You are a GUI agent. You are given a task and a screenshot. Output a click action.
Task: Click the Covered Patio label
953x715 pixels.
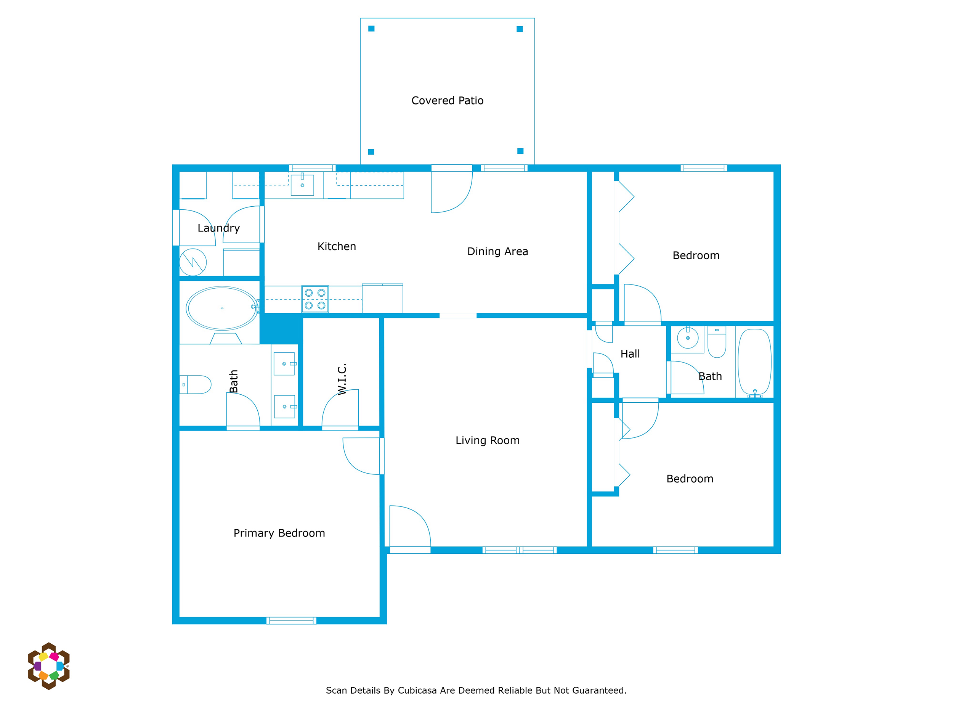tap(447, 100)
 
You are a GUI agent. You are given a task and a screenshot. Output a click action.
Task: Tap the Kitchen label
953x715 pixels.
tap(337, 246)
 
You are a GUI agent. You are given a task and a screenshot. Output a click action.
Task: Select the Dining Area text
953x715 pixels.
tap(497, 251)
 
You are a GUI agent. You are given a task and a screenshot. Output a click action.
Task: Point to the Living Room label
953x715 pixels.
tap(488, 440)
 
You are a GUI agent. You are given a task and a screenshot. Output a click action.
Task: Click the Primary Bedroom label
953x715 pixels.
tap(279, 533)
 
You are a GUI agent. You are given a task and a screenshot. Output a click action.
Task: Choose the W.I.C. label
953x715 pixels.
tap(342, 379)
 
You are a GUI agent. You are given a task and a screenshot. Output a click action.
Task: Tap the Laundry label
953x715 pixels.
tap(218, 228)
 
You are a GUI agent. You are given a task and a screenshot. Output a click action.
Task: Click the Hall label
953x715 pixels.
tap(630, 354)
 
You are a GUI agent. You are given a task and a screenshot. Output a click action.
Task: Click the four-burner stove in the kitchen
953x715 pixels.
tap(315, 299)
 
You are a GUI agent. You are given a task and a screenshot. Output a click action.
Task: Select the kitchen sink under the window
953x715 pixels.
tap(302, 185)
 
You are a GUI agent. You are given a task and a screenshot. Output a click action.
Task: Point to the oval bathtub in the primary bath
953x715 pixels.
tap(222, 308)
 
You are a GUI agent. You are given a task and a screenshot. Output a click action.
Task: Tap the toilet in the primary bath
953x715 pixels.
tap(195, 384)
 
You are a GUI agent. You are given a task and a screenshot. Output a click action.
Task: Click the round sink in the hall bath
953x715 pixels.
tap(688, 338)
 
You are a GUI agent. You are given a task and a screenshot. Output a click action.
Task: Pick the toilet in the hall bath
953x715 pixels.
tap(717, 342)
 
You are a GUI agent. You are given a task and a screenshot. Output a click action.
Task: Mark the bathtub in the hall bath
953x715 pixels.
tap(754, 362)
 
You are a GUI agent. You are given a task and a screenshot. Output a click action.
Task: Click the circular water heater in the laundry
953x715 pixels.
tap(193, 262)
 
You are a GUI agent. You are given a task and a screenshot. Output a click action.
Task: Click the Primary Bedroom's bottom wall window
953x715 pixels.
tap(291, 620)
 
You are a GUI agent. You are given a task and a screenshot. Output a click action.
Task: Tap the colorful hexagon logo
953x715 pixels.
tap(49, 666)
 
